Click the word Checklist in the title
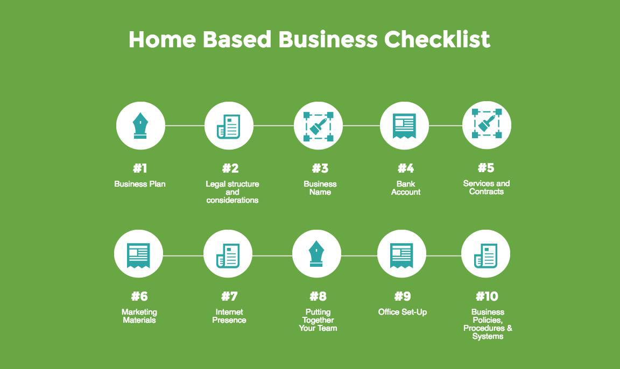(437, 39)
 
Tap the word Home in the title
(162, 39)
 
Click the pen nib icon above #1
(140, 126)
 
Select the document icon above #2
(229, 126)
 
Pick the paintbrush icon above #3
(318, 126)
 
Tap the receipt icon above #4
(404, 126)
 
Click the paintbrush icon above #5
(487, 124)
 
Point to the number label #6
(139, 296)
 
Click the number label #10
(487, 296)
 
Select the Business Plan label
(139, 184)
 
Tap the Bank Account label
(406, 188)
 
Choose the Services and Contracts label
(487, 187)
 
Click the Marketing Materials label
(139, 316)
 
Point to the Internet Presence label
(229, 316)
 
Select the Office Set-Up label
(403, 312)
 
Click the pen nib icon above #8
(316, 254)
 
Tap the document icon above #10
(485, 255)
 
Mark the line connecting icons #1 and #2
(185, 126)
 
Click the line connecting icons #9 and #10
(443, 256)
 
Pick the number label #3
(320, 168)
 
